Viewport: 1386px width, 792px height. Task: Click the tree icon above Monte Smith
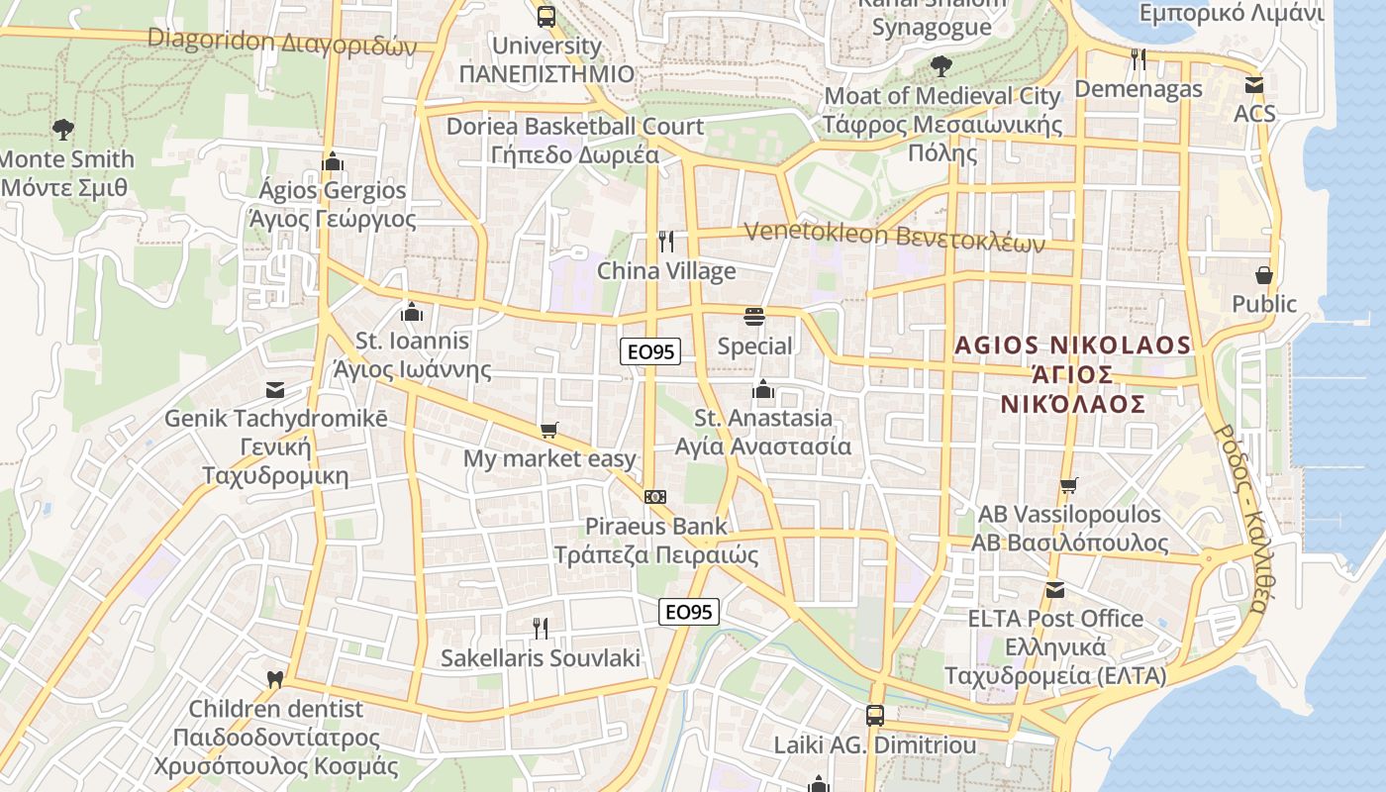click(x=63, y=129)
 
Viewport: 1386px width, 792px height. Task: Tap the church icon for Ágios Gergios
click(x=333, y=161)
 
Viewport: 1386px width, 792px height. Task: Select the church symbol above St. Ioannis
click(x=412, y=313)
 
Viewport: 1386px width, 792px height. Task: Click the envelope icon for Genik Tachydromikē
click(x=275, y=390)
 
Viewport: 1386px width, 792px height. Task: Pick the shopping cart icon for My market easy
click(x=549, y=431)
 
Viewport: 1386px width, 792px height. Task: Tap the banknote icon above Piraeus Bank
click(x=654, y=496)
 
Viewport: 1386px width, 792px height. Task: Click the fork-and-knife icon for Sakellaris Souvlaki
click(x=541, y=628)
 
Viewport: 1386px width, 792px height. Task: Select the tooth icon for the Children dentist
click(x=275, y=680)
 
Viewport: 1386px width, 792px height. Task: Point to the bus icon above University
click(x=546, y=16)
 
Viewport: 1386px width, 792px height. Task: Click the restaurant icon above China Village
click(x=667, y=242)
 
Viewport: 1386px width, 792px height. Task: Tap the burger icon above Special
click(x=754, y=317)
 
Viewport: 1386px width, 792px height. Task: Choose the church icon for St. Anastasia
click(x=763, y=389)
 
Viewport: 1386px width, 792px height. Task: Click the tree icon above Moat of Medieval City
click(x=940, y=66)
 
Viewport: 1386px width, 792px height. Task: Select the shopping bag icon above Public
click(x=1264, y=274)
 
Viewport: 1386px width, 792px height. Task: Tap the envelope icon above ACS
click(x=1254, y=84)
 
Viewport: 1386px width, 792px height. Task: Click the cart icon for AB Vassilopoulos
click(x=1068, y=485)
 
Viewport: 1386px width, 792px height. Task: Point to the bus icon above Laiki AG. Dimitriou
click(x=875, y=715)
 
